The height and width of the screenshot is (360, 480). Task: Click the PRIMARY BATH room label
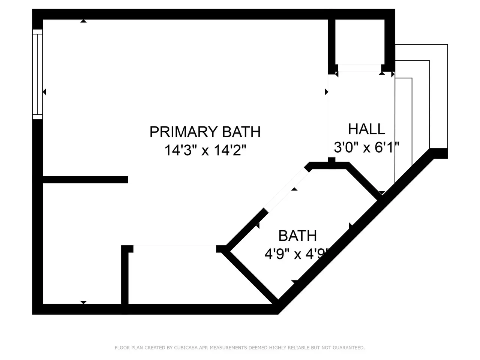pyautogui.click(x=205, y=132)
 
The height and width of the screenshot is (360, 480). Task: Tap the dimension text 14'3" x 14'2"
pyautogui.click(x=205, y=150)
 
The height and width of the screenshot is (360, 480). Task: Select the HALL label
pyautogui.click(x=366, y=129)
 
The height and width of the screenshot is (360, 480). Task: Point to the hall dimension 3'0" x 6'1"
pyautogui.click(x=366, y=147)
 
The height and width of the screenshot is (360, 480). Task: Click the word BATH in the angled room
pyautogui.click(x=298, y=235)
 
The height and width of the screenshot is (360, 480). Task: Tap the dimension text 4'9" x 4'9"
pyautogui.click(x=297, y=254)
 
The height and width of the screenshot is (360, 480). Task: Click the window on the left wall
pyautogui.click(x=37, y=74)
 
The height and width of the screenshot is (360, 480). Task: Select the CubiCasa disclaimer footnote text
pyautogui.click(x=240, y=348)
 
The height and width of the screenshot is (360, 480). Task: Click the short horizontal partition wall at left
pyautogui.click(x=85, y=180)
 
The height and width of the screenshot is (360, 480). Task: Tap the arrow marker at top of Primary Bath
pyautogui.click(x=83, y=21)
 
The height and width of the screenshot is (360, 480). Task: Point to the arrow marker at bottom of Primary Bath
pyautogui.click(x=83, y=302)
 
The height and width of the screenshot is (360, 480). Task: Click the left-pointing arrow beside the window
pyautogui.click(x=44, y=92)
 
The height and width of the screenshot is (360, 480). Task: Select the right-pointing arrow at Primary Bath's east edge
pyautogui.click(x=327, y=92)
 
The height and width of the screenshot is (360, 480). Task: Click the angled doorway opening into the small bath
pyautogui.click(x=286, y=190)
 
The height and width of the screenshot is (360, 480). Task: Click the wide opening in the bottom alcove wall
pyautogui.click(x=175, y=249)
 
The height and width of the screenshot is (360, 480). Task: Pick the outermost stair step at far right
pyautogui.click(x=439, y=96)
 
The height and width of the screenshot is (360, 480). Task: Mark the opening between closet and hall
pyautogui.click(x=360, y=68)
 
